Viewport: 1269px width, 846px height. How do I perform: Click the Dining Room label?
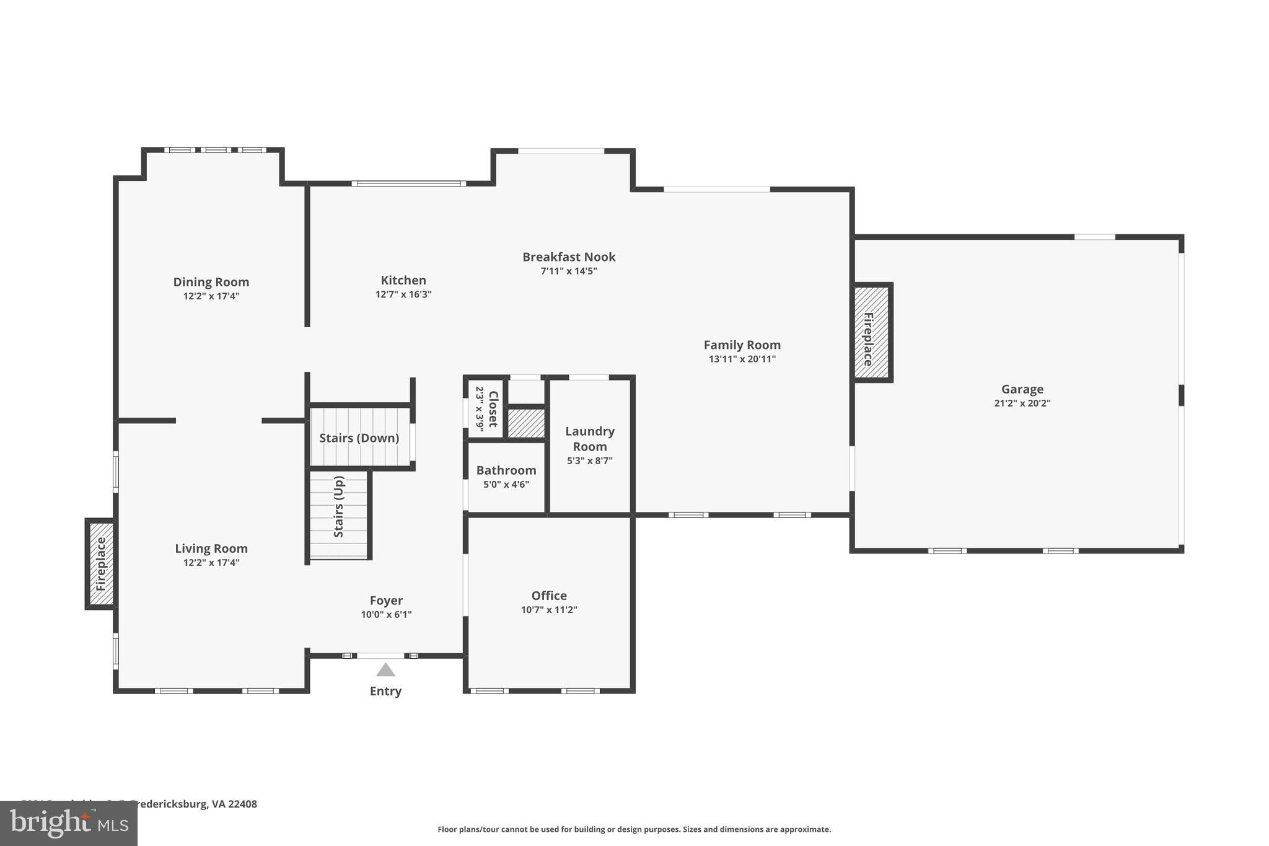coord(211,282)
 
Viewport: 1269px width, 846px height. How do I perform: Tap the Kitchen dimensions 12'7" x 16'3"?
coord(403,294)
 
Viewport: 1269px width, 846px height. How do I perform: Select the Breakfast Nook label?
coord(568,257)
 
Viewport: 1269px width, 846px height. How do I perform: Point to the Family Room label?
coord(742,345)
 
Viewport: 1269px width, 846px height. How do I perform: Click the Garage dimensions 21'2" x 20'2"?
coord(1022,403)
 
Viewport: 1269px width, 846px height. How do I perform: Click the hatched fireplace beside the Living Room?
coord(101,563)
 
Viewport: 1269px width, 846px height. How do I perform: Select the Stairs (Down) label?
coord(359,438)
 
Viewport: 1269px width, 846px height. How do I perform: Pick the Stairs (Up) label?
coord(338,506)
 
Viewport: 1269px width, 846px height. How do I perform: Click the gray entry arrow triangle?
coord(385,670)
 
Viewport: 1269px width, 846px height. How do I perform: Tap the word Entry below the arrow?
coord(385,691)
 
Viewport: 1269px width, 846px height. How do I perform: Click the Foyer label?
coord(386,600)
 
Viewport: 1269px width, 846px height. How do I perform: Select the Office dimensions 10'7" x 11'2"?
coord(549,610)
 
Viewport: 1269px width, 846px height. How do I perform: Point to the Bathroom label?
coord(506,470)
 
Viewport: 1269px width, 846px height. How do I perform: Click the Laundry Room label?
coord(590,438)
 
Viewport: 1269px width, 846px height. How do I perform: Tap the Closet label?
coord(493,408)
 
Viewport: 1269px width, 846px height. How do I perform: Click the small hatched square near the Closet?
coord(526,423)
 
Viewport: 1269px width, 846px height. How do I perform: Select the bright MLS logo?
coord(68,823)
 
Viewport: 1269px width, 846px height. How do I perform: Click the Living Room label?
coord(211,549)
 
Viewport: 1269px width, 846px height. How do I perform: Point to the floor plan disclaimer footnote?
coord(634,829)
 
